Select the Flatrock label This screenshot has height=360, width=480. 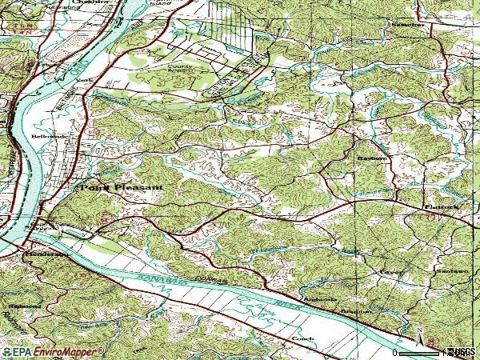[441, 206]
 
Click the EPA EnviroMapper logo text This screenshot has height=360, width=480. [54, 351]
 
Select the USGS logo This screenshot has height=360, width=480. [462, 351]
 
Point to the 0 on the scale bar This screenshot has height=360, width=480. [396, 351]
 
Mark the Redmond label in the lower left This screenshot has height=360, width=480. [23, 306]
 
